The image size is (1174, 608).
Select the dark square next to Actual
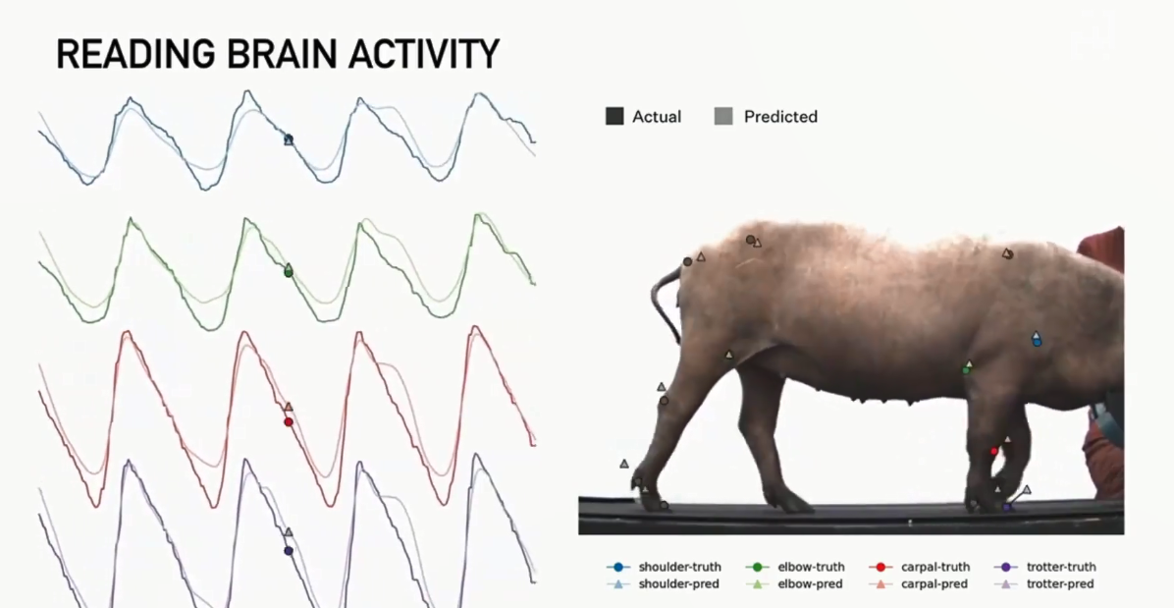614,116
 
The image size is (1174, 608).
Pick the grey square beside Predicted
723,116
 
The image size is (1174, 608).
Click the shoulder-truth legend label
680,567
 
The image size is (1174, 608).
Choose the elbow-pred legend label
810,584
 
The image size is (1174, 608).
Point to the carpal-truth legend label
935,567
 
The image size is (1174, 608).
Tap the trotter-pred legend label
1060,584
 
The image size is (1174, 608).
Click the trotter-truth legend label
1061,567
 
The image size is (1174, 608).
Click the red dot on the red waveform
289,422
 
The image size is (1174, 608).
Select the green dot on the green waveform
289,273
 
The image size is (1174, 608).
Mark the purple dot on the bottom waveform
289,551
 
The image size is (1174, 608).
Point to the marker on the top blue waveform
289,139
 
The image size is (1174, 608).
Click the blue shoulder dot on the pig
1037,342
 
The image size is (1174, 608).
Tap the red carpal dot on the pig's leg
994,451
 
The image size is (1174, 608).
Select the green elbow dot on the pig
966,370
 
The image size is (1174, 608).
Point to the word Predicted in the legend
780,117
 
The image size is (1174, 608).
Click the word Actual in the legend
657,117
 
